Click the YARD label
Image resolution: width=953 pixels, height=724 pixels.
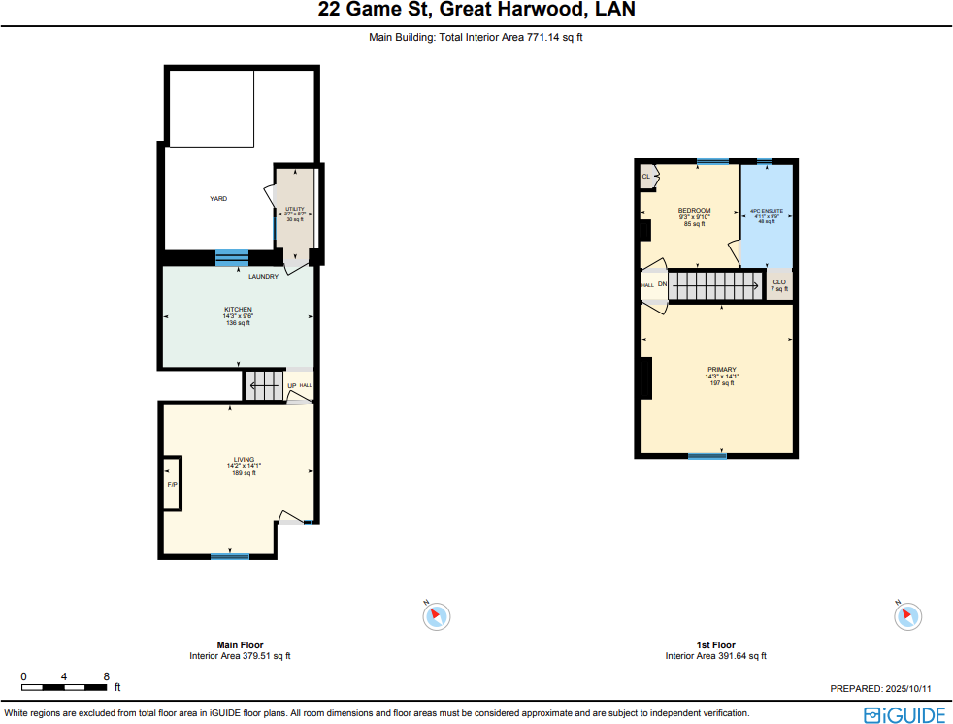218,199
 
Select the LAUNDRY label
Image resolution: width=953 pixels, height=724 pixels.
263,277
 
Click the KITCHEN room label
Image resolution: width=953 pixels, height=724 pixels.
238,310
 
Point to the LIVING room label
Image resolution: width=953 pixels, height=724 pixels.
244,460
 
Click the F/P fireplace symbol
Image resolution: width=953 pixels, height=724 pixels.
172,483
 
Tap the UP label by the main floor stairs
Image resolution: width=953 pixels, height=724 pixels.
291,386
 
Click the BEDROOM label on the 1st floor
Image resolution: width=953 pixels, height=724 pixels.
694,211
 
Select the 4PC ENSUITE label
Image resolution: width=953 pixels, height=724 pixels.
766,212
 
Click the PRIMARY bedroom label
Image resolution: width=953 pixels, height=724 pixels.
721,370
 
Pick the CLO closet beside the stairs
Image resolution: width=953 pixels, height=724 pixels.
779,282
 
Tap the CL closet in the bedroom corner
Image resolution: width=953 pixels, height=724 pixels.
646,176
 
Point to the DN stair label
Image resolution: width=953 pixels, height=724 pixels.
662,285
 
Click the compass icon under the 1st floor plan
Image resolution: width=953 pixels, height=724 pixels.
907,614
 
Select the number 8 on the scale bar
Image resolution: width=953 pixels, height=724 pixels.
107,676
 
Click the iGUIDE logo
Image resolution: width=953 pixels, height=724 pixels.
904,715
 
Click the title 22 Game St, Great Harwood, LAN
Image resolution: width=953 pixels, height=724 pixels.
476,12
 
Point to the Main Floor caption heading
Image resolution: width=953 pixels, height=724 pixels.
240,645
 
